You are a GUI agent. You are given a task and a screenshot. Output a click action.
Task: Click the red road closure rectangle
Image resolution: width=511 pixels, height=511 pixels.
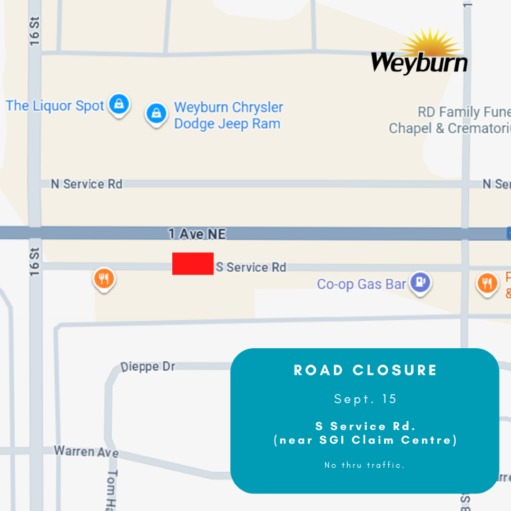(193, 263)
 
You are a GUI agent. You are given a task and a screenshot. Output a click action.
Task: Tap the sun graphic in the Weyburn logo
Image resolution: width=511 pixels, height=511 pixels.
(436, 42)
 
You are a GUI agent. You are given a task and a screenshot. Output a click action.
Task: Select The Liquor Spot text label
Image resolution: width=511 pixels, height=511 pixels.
(55, 106)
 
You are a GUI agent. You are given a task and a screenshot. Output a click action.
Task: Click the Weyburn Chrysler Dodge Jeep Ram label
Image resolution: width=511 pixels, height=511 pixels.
(228, 115)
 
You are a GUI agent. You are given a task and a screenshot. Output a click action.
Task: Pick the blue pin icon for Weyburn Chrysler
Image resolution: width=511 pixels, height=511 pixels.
(156, 113)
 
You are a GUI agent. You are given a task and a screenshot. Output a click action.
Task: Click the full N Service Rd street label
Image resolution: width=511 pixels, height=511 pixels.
(86, 184)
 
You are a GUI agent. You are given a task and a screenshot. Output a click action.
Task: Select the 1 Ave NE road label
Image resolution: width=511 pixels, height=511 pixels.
(197, 234)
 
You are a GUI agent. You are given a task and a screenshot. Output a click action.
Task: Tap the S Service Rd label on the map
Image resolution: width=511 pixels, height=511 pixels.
(251, 267)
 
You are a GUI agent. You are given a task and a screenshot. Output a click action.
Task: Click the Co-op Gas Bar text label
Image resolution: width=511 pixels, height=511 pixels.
(361, 284)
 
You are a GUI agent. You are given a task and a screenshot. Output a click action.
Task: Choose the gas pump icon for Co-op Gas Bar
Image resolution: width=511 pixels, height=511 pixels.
(420, 282)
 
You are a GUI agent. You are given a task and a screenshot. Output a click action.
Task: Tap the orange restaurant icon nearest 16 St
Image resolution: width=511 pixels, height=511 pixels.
(104, 279)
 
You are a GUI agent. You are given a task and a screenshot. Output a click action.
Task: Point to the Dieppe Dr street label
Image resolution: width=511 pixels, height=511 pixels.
(148, 367)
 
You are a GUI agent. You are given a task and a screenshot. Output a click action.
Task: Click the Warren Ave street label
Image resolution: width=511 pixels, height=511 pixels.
(86, 451)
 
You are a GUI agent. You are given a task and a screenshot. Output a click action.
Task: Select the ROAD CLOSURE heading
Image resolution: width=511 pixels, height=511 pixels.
(365, 370)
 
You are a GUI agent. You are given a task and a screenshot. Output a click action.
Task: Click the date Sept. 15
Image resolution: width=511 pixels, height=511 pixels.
(365, 399)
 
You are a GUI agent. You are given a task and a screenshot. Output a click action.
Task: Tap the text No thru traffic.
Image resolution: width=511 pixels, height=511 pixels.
(365, 465)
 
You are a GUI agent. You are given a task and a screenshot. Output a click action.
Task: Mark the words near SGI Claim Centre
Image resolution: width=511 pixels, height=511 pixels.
(365, 440)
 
